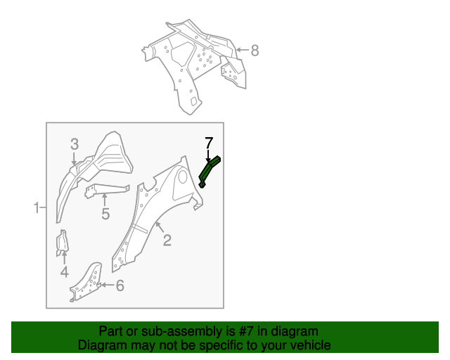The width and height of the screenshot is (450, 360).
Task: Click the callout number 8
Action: (x=255, y=50)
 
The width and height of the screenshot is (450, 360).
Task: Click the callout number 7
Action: (x=209, y=143)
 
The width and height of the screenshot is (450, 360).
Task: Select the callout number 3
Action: (x=75, y=144)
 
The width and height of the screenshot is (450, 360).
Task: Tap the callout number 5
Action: (x=105, y=214)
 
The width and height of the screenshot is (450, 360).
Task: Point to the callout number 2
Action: (x=167, y=240)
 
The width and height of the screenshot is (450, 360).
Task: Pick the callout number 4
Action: (x=64, y=272)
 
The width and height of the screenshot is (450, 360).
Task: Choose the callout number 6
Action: (x=120, y=285)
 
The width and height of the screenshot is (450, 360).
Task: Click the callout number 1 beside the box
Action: (x=35, y=207)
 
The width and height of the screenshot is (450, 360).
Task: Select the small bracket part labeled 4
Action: (x=62, y=240)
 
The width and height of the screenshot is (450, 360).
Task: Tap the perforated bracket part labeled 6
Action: (x=86, y=281)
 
